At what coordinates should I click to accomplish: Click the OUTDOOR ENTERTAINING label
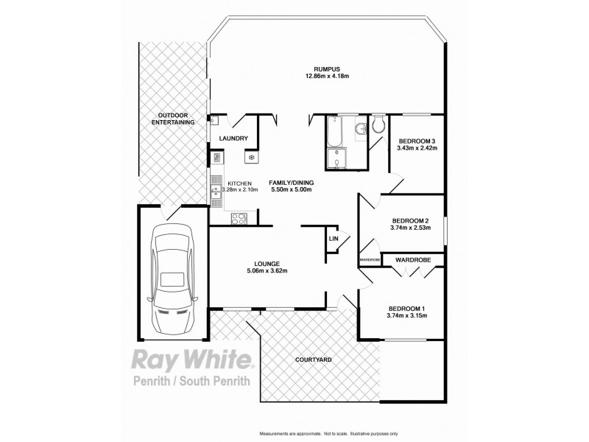click(x=174, y=119)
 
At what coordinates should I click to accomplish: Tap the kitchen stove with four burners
click(x=239, y=217)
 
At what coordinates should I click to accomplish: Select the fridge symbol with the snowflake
click(x=250, y=157)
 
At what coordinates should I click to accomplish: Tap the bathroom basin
click(x=360, y=130)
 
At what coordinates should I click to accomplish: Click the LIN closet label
click(x=334, y=239)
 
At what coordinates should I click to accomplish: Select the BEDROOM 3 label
click(x=417, y=141)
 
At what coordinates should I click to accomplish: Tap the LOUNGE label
click(x=266, y=263)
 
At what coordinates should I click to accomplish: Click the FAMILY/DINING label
click(x=292, y=183)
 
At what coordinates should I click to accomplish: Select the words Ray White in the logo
click(x=191, y=360)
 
